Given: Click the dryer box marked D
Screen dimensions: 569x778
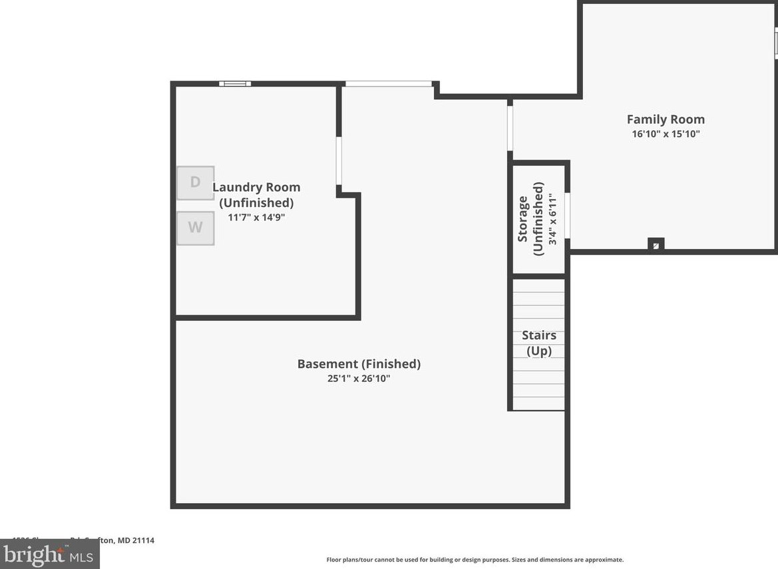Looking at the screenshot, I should point(195,183).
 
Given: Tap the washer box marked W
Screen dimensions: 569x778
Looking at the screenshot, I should point(195,228).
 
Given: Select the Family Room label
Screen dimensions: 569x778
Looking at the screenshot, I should point(666,120).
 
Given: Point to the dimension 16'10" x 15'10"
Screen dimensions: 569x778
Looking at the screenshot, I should point(666,134).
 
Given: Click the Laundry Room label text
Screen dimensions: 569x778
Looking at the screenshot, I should point(256,188).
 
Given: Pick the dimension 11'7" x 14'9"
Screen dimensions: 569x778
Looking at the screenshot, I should point(256,217).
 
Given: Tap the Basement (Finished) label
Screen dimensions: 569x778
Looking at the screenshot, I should point(359,364).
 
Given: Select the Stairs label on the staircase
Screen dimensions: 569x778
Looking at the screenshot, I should point(539,335).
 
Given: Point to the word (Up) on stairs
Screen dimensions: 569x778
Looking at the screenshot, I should point(539,351).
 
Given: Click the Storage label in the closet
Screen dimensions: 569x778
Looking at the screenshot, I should point(523,218).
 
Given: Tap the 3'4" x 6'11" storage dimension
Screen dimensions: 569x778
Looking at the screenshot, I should point(552,218).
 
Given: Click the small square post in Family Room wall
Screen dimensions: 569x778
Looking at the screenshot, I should point(656,245).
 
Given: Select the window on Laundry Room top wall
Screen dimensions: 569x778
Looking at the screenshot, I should point(235,84).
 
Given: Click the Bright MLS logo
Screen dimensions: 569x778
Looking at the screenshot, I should point(49,554).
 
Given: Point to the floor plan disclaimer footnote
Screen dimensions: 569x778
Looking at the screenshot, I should point(475,560).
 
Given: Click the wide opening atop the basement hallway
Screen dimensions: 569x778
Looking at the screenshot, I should point(388,84).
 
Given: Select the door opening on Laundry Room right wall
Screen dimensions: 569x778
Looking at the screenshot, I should point(339,160).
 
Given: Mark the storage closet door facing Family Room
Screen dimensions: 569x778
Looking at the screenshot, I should point(568,215).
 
